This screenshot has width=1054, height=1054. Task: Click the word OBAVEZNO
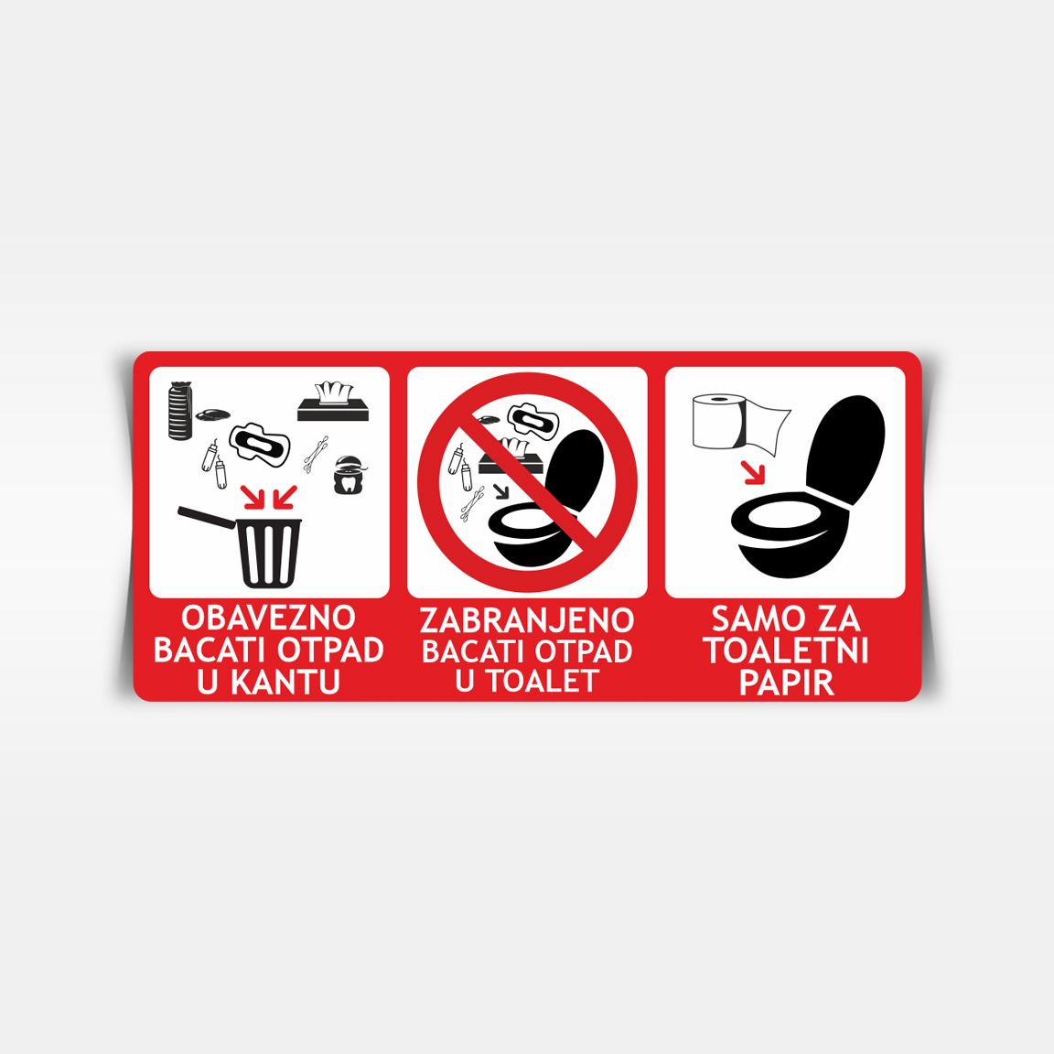pos(268,618)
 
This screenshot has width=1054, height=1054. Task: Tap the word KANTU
pos(285,682)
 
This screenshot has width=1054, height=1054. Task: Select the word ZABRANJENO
pos(527,620)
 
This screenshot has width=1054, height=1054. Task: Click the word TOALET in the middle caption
pos(543,681)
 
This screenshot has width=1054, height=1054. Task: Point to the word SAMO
pos(750,619)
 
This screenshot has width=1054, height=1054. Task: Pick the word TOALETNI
pos(786,651)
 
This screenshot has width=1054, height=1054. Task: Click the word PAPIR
pos(787,683)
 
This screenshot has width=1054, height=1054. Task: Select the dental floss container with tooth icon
pos(349,475)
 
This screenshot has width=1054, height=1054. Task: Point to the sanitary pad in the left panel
pos(260,445)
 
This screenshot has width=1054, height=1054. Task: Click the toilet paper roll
pos(718,422)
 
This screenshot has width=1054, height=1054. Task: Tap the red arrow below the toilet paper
pos(754,472)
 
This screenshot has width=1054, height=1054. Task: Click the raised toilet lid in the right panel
pos(845,449)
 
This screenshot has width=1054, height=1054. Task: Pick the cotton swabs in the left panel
pos(316,455)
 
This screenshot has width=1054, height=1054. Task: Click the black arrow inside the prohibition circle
pos(501,491)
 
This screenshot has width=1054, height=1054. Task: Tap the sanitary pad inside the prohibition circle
pos(533,421)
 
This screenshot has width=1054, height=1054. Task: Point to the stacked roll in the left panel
pos(180,411)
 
